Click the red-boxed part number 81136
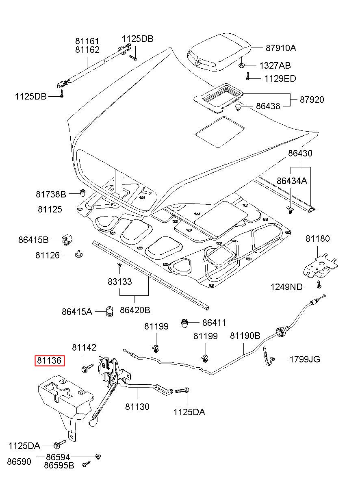[x=49, y=360]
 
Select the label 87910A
[x=281, y=48]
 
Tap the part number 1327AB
[x=275, y=65]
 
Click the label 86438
[x=268, y=106]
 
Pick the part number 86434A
[x=292, y=181]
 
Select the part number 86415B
[x=33, y=240]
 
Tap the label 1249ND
[x=286, y=287]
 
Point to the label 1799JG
[x=304, y=359]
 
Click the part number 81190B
[x=245, y=336]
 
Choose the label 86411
[x=214, y=323]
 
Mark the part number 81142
[x=84, y=347]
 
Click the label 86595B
[x=59, y=466]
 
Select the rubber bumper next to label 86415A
[x=109, y=312]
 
